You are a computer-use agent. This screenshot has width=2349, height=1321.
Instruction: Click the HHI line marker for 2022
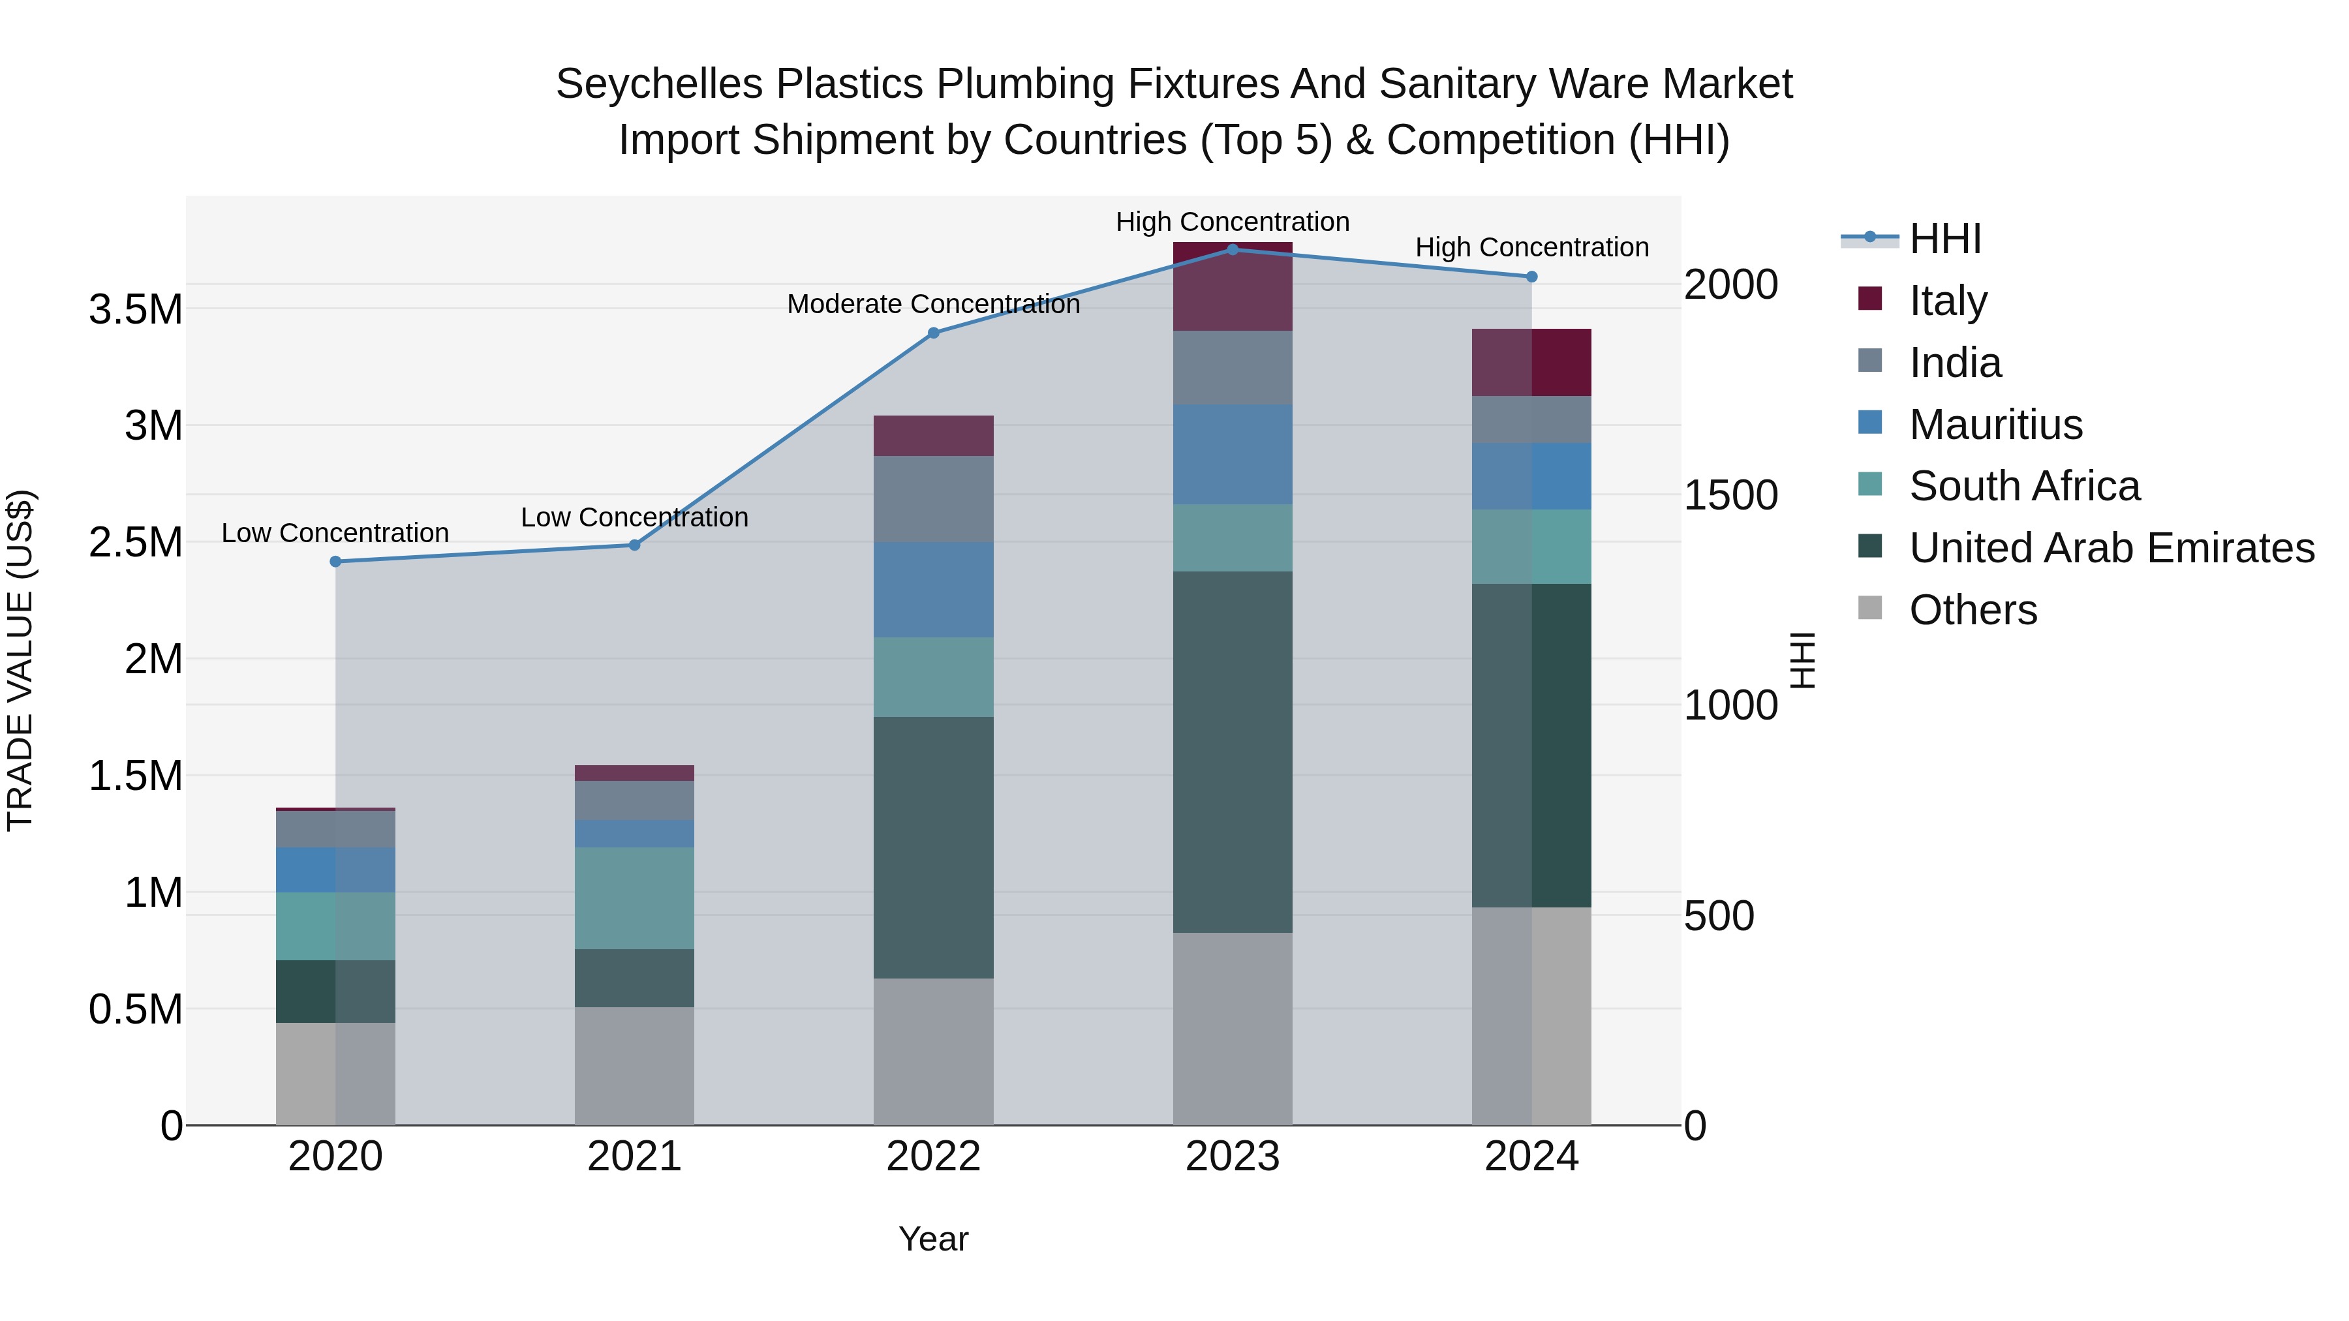click(x=933, y=333)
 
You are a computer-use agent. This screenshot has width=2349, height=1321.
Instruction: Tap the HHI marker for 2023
click(x=1232, y=249)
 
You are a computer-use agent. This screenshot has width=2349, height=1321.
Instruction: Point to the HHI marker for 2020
click(x=335, y=562)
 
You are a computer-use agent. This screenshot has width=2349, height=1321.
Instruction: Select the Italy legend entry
click(x=1948, y=301)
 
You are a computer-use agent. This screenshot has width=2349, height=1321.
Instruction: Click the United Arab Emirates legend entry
click(x=2111, y=548)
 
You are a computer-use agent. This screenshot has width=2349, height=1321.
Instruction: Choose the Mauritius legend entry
click(x=1995, y=425)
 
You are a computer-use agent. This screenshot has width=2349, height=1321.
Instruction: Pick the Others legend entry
click(x=1973, y=610)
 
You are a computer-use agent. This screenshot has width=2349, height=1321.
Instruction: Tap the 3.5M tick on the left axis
click(x=136, y=310)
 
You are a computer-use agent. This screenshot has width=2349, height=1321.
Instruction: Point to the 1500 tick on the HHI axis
click(x=1730, y=495)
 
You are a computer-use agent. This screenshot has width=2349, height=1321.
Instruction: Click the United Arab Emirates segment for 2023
click(x=1232, y=752)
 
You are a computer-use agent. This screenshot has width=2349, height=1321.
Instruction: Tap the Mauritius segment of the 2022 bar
click(x=933, y=590)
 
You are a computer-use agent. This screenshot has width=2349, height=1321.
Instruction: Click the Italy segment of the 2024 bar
click(x=1531, y=362)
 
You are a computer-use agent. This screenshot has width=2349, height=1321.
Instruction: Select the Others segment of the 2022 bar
click(x=933, y=1051)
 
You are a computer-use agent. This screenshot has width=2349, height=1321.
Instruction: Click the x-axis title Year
click(x=933, y=1239)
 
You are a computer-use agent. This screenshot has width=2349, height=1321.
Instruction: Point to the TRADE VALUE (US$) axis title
click(x=21, y=660)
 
